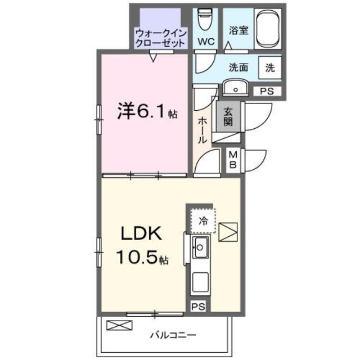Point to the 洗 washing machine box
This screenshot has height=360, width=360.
[x=270, y=67]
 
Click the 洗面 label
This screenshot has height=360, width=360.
[x=238, y=67]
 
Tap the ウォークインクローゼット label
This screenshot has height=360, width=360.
[x=160, y=37]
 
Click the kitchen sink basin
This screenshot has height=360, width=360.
[x=201, y=246]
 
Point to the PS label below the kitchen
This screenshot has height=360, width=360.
[x=197, y=307]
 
